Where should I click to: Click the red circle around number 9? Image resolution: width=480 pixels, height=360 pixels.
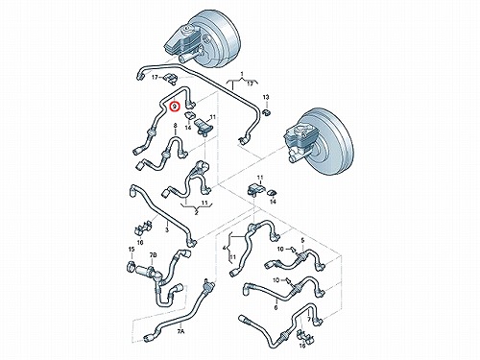(x=175, y=107)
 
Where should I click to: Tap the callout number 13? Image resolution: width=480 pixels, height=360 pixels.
(x=266, y=97)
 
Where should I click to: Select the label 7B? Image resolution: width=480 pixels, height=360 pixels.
(x=153, y=255)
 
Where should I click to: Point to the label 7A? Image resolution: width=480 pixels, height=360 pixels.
(x=180, y=331)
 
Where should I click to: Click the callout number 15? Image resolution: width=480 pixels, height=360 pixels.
(x=132, y=250)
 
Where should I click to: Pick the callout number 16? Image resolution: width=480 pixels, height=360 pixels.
(x=302, y=346)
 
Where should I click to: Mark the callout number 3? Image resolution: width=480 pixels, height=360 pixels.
(x=166, y=229)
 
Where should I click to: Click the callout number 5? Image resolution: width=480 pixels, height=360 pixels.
(x=302, y=240)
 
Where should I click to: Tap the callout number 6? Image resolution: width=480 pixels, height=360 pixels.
(x=276, y=308)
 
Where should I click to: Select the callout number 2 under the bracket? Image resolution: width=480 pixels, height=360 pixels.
(x=196, y=213)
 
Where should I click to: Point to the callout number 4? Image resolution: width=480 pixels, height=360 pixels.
(x=224, y=248)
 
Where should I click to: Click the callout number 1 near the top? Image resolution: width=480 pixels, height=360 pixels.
(x=242, y=75)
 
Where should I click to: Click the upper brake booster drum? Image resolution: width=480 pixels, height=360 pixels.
(x=211, y=38)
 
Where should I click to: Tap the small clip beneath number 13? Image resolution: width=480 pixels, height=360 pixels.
(x=266, y=111)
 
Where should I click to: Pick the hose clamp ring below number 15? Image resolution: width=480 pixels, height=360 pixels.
(x=132, y=267)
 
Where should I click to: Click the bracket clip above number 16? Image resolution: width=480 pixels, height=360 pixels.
(x=302, y=335)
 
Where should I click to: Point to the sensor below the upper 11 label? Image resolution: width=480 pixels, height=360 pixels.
(x=204, y=126)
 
